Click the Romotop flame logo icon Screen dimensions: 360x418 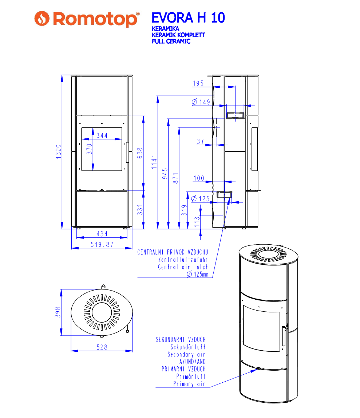coord(41,18)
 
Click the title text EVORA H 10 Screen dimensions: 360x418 coord(188,17)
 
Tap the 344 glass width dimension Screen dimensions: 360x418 coord(102,135)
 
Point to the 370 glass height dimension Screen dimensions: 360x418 coord(89,149)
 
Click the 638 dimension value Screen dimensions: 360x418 coord(140,153)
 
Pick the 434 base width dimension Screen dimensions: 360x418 coord(102,234)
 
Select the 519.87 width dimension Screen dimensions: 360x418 coord(102,245)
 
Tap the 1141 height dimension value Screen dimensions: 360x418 coord(154,162)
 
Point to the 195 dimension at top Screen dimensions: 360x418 coord(198,84)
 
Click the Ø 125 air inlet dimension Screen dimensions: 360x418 coord(201,199)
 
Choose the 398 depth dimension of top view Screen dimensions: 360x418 coord(58,312)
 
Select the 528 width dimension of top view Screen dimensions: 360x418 coord(102,347)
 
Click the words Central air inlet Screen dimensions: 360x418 coord(183,267)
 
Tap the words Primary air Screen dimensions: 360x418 coord(189,384)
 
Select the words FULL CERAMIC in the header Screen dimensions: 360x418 coord(171,41)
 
